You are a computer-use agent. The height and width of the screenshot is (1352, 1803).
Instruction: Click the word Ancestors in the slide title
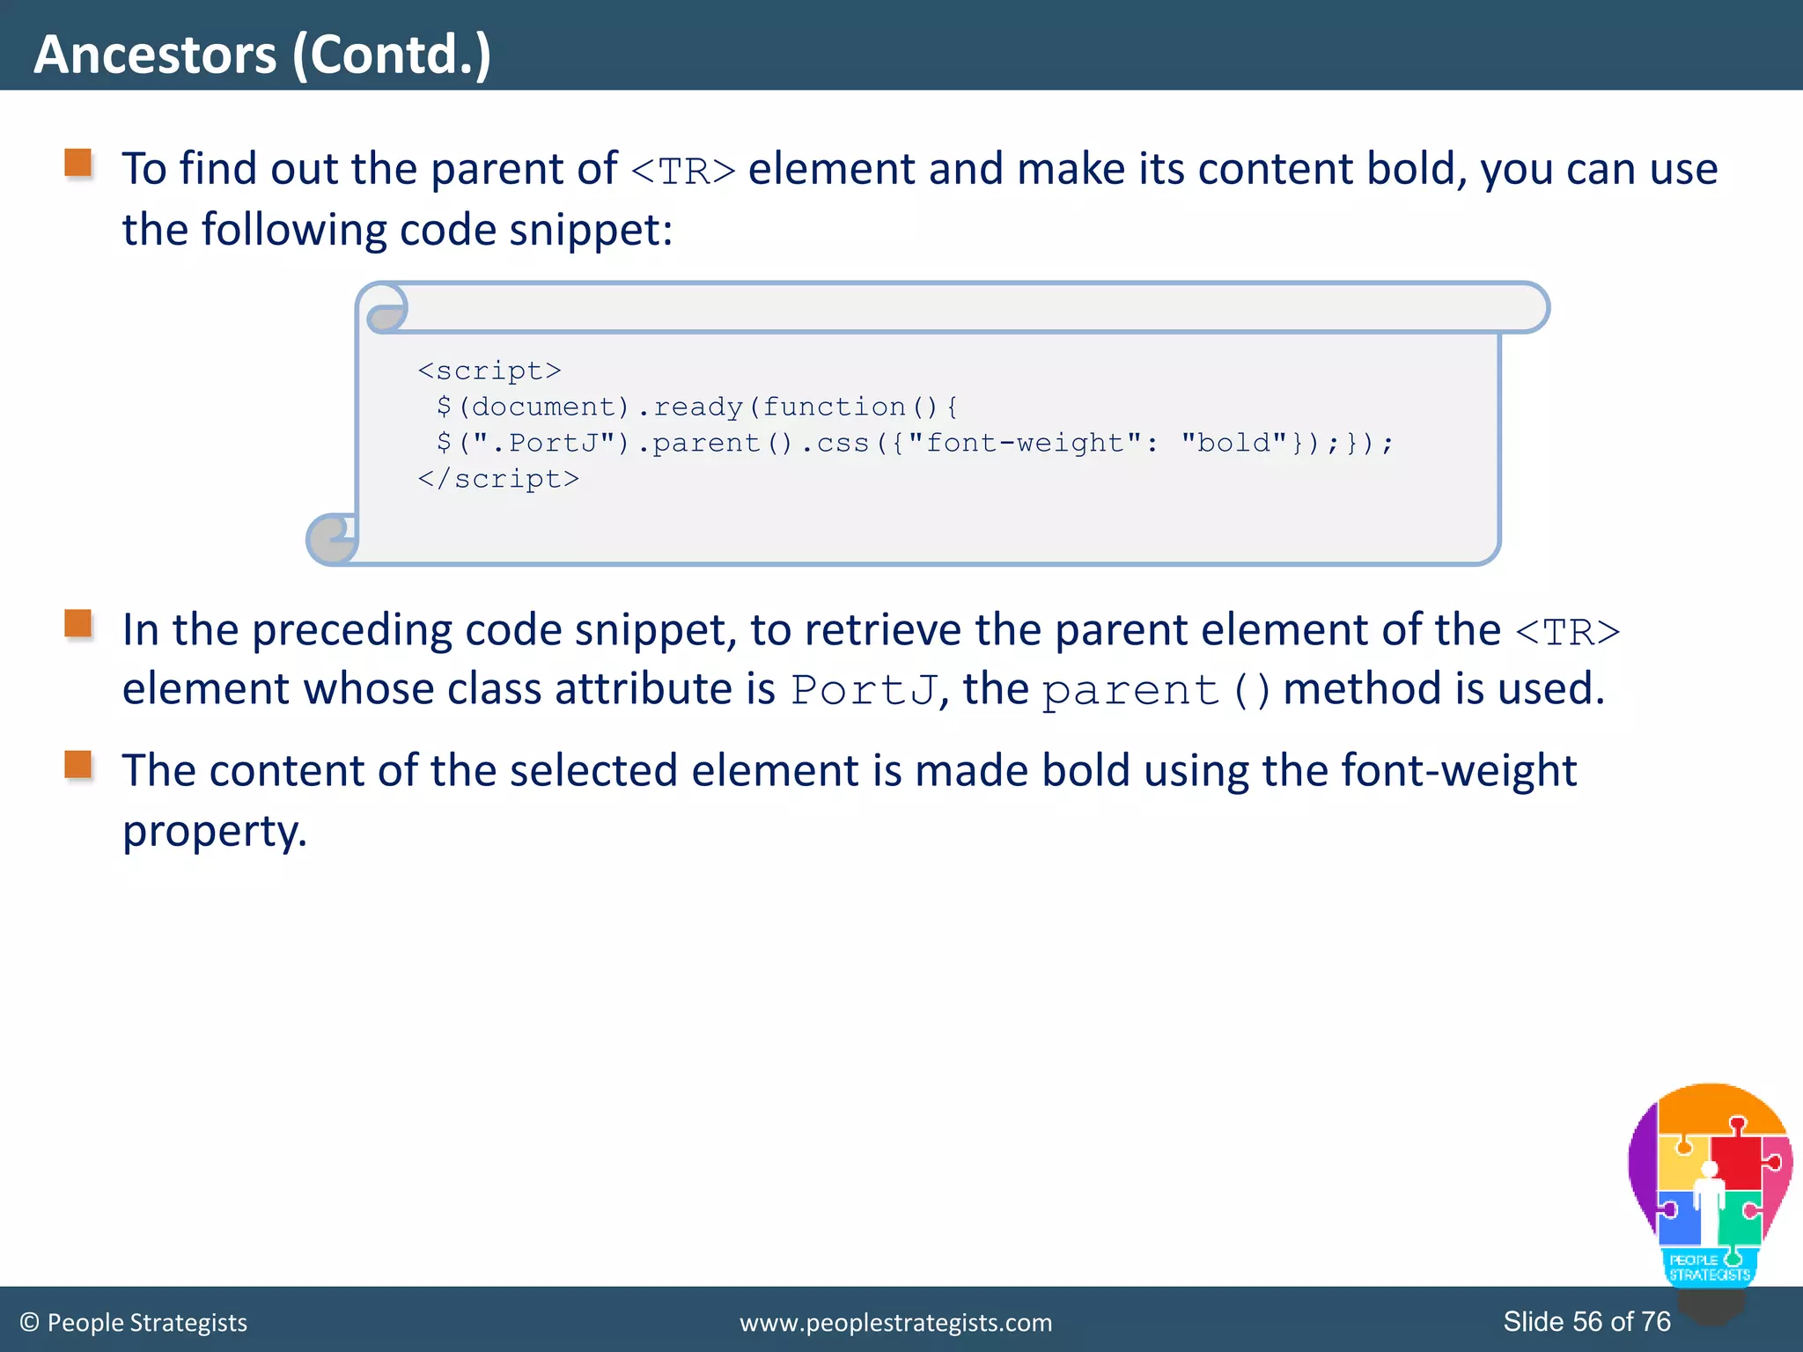pos(155,55)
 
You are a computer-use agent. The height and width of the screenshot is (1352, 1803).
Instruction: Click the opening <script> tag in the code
pos(489,371)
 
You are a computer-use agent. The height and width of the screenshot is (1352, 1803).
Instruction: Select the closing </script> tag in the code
pos(498,480)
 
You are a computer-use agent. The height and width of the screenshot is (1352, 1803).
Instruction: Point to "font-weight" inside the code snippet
pos(1026,443)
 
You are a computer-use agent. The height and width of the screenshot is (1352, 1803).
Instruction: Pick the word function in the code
pos(834,408)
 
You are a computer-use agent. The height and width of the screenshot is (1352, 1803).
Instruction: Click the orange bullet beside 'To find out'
pos(78,164)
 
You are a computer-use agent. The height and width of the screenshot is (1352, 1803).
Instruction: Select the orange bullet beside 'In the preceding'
pos(78,624)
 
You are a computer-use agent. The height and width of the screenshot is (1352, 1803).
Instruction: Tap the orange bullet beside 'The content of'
pos(78,765)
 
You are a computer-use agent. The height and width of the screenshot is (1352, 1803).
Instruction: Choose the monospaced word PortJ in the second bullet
pos(863,690)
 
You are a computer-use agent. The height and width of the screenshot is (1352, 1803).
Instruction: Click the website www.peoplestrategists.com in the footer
pos(895,1323)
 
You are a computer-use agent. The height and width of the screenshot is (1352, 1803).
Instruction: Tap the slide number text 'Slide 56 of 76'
pos(1586,1322)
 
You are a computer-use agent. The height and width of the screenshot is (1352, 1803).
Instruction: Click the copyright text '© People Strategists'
pos(134,1323)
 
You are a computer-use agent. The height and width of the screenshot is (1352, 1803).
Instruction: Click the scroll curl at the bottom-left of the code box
pos(332,539)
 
